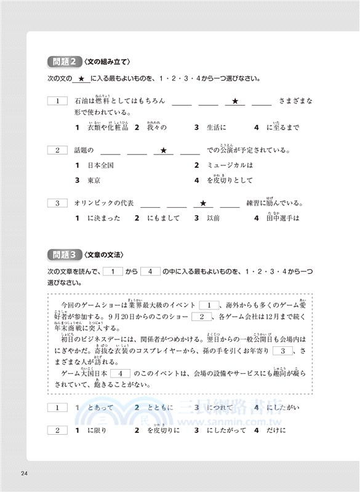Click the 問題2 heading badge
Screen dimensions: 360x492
64,61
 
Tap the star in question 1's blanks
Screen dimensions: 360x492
235,101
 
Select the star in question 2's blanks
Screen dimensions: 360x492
163,150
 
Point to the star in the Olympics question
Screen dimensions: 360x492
202,203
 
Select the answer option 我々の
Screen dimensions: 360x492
157,128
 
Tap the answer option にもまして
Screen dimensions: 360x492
161,218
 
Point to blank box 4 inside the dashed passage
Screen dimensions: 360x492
121,373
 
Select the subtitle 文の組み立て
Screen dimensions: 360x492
109,61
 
